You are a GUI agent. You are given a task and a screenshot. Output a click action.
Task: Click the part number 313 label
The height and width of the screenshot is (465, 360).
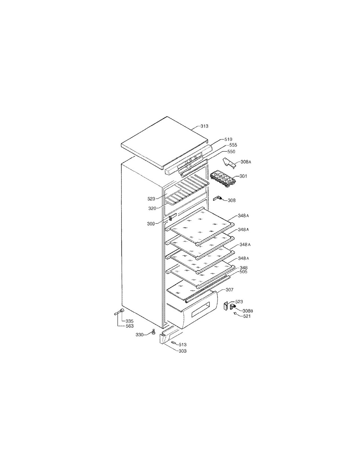(x=204, y=126)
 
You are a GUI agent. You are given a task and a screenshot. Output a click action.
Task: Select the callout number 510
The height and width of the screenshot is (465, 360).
(x=228, y=139)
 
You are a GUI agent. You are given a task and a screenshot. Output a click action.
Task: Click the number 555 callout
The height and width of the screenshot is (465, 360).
(x=233, y=145)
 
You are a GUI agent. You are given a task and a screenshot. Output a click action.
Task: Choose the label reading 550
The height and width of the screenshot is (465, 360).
(x=231, y=151)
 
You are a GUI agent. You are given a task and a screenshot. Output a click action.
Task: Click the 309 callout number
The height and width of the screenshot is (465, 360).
(x=151, y=224)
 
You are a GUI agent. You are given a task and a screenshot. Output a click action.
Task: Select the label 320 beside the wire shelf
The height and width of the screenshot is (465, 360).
(x=152, y=208)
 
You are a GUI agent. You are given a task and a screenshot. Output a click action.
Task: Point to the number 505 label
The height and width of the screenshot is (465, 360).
(x=243, y=271)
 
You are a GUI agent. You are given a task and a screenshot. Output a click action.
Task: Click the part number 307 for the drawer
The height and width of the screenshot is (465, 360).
(x=229, y=290)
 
